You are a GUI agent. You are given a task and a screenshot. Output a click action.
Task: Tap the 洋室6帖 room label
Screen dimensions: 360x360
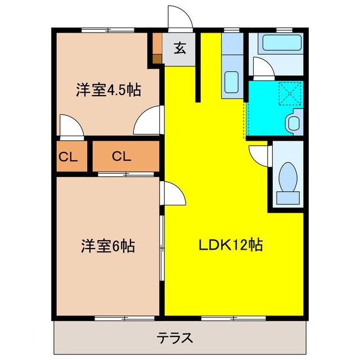(108, 246)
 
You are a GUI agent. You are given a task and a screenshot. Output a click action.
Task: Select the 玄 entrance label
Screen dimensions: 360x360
(179, 48)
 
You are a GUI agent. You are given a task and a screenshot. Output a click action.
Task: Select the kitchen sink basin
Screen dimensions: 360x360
(231, 83)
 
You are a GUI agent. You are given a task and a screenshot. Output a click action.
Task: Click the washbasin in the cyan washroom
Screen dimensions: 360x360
(294, 122)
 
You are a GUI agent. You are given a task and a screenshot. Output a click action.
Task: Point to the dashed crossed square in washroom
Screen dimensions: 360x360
(291, 93)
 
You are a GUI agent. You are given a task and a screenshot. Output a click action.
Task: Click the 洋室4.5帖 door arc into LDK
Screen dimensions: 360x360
(149, 120)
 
